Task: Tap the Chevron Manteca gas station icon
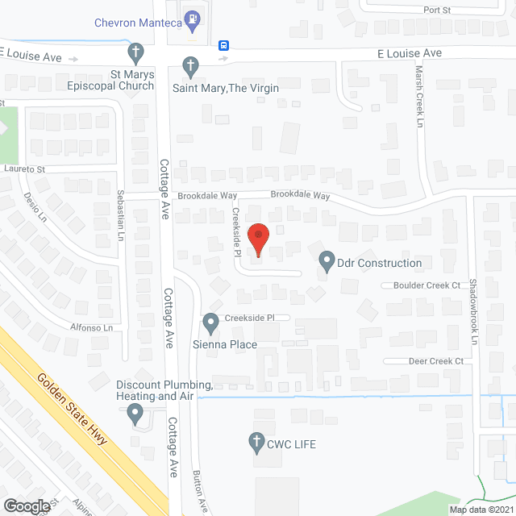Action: click(x=192, y=17)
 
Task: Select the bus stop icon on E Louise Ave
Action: click(x=223, y=46)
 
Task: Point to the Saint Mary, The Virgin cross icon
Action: click(x=190, y=64)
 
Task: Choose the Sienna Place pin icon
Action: click(x=210, y=323)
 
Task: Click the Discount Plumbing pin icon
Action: click(x=135, y=414)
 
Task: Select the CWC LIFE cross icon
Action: click(x=256, y=442)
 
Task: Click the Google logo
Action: click(x=27, y=506)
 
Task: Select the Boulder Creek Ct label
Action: click(x=427, y=285)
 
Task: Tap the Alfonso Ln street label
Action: click(x=90, y=328)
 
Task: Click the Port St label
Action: click(x=436, y=10)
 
